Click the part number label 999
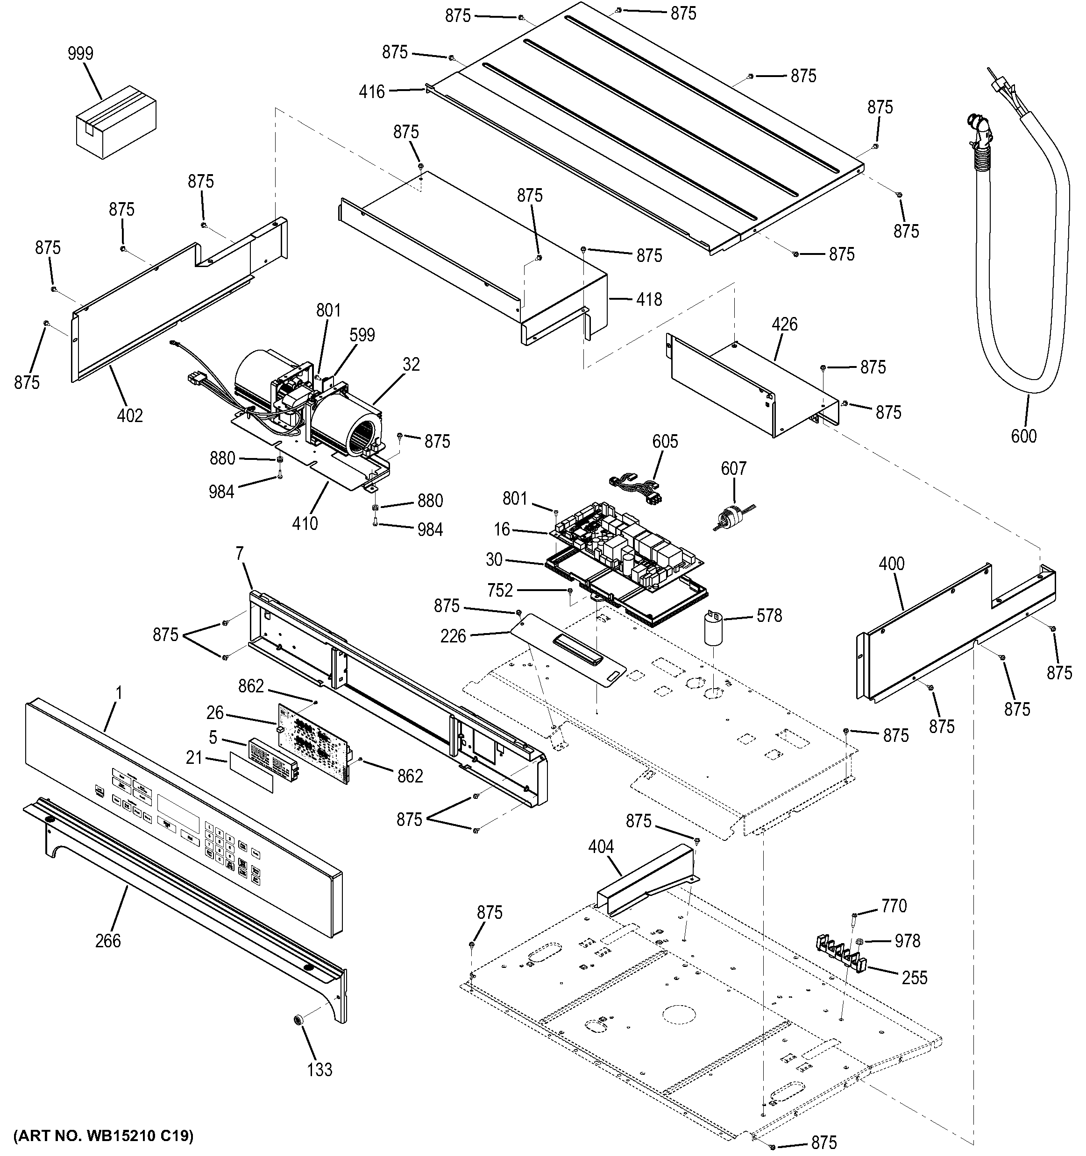point(80,54)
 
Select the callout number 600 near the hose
point(1023,436)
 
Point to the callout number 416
point(372,92)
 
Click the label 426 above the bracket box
point(785,324)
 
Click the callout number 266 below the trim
point(108,940)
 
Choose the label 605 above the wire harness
point(665,442)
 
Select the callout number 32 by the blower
point(411,365)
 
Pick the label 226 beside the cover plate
point(453,636)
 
